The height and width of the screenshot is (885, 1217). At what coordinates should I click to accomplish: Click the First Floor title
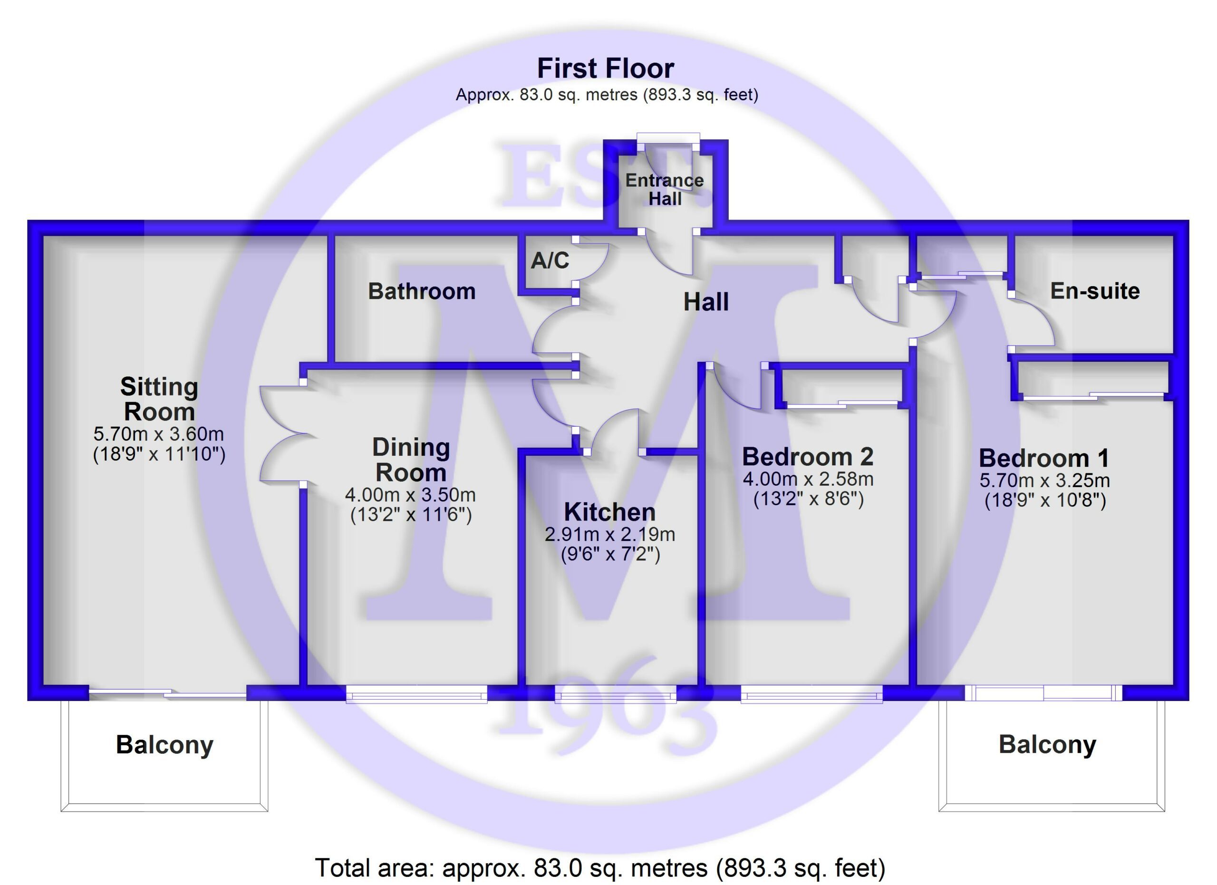pyautogui.click(x=605, y=68)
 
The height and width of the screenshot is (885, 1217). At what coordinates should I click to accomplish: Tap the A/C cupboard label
pyautogui.click(x=550, y=260)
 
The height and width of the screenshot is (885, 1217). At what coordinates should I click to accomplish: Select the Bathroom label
pyautogui.click(x=422, y=291)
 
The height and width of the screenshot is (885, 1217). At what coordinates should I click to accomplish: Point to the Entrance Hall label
pyautogui.click(x=664, y=189)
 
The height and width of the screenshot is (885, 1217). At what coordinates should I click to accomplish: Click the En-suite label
pyautogui.click(x=1095, y=291)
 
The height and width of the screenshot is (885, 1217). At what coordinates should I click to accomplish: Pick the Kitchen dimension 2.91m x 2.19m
pyautogui.click(x=609, y=534)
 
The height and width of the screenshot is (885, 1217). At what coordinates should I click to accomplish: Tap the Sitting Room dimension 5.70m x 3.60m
pyautogui.click(x=159, y=433)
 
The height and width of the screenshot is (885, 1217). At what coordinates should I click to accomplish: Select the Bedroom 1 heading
pyautogui.click(x=1043, y=458)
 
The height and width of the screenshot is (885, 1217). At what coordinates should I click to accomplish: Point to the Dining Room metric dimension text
pyautogui.click(x=410, y=494)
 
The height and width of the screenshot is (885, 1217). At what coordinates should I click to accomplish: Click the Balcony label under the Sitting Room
pyautogui.click(x=165, y=744)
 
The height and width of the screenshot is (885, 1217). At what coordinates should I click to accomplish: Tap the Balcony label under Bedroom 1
pyautogui.click(x=1047, y=744)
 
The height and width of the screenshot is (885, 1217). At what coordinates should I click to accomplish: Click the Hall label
pyautogui.click(x=705, y=302)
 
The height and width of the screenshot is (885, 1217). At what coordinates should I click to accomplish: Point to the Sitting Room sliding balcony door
pyautogui.click(x=167, y=694)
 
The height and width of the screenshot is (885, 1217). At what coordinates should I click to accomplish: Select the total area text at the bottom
pyautogui.click(x=600, y=868)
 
